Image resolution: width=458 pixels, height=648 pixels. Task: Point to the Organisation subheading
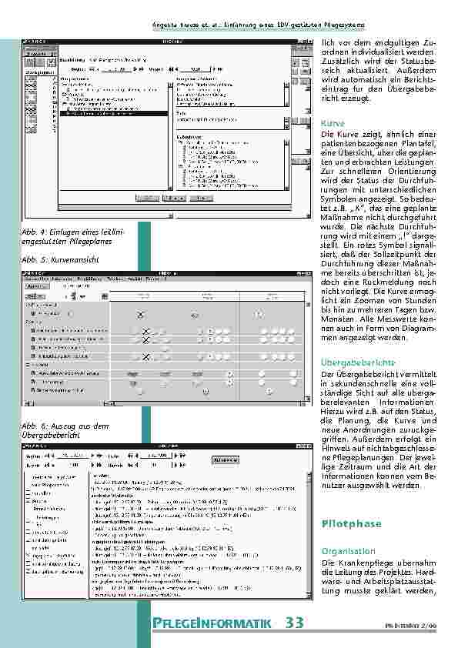point(348,552)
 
